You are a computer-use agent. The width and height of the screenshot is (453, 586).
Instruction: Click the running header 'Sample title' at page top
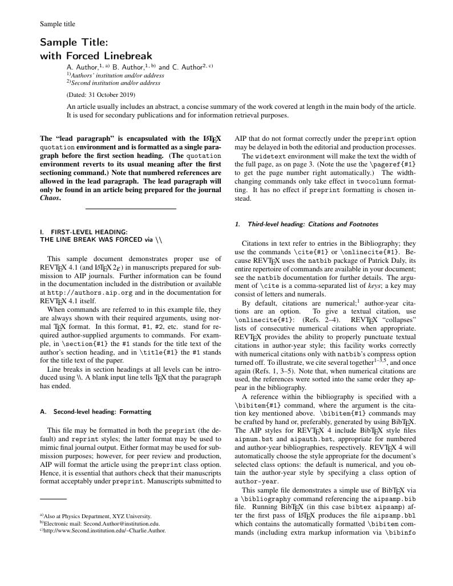click(57, 24)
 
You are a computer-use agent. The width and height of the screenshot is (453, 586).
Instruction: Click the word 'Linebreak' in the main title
click(126, 56)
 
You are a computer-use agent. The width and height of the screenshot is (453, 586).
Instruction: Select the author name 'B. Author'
click(128, 67)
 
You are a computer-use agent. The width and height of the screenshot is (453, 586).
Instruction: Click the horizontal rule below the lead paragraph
click(131, 209)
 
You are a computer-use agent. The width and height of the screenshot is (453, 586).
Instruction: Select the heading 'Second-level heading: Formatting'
click(94, 412)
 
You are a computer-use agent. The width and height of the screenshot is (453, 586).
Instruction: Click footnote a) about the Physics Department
click(95, 516)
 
